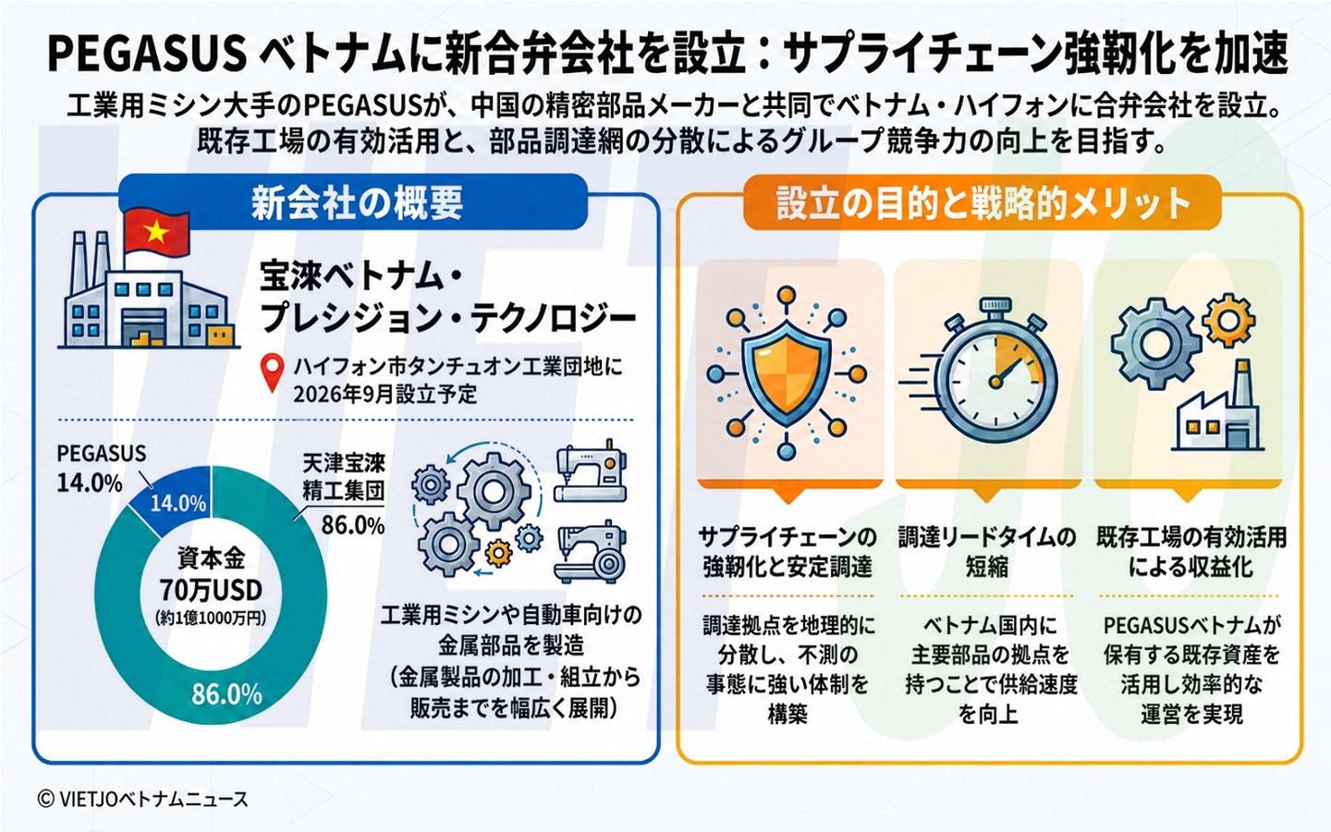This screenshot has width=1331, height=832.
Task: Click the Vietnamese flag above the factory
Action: (155, 233)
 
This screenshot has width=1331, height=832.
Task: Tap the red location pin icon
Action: (272, 373)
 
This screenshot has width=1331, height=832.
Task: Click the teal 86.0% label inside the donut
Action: (227, 694)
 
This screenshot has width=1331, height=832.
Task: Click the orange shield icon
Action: (786, 373)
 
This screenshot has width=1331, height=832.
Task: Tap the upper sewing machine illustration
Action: (591, 471)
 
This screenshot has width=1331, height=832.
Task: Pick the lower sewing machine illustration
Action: (591, 552)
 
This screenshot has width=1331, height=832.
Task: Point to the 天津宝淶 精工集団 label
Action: (344, 477)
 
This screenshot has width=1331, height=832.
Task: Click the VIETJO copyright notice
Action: (142, 800)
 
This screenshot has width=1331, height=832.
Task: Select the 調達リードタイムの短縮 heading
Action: (987, 552)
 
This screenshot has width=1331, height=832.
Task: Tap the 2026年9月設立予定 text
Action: (385, 394)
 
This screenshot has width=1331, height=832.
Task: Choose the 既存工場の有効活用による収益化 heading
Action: (1191, 552)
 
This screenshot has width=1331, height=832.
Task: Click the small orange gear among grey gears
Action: (498, 553)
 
